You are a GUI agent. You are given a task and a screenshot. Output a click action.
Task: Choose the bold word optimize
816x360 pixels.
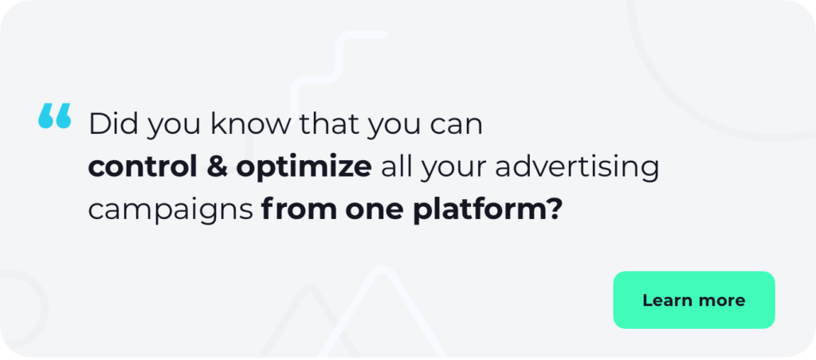[x=304, y=168]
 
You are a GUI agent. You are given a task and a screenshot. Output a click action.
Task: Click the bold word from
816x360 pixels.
[x=291, y=209]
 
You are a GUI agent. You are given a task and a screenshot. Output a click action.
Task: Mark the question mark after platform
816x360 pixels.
[x=553, y=209]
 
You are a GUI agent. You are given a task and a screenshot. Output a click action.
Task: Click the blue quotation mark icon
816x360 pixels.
[x=54, y=116]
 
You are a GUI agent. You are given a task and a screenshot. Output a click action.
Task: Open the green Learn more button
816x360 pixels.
[x=693, y=300]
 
